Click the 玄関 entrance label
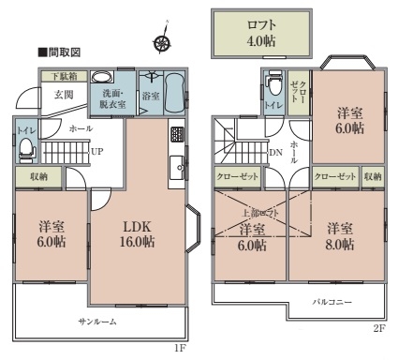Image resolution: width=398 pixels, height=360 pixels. [x=63, y=94]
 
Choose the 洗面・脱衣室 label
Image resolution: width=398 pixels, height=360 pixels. [x=113, y=99]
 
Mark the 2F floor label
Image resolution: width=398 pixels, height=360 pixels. [x=379, y=328]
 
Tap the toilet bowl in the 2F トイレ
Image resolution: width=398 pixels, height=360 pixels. [x=273, y=85]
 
